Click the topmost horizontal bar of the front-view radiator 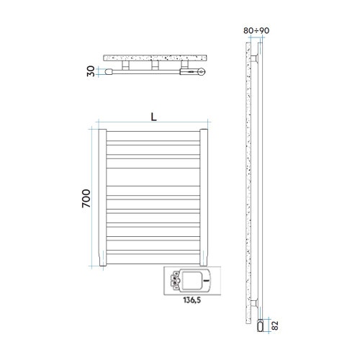click(x=153, y=134)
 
